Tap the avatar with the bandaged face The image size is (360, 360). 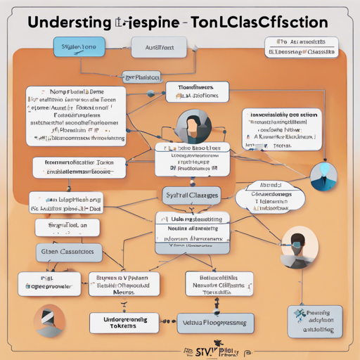click(x=48, y=321)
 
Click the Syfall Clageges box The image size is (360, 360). click(x=191, y=195)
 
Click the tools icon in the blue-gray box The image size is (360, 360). click(x=301, y=316)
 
